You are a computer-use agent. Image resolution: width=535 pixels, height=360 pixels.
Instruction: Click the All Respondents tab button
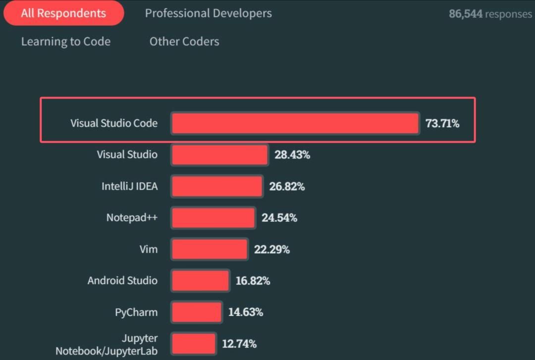(63, 13)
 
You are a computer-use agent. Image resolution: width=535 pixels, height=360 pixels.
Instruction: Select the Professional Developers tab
(208, 13)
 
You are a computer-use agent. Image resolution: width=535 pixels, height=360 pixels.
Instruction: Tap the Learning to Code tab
(65, 42)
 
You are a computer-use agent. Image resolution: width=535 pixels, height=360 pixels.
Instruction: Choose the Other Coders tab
(184, 42)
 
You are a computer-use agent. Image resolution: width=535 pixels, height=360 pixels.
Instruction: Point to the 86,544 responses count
(490, 14)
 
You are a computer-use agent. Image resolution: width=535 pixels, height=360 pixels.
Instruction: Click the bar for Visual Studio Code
(295, 123)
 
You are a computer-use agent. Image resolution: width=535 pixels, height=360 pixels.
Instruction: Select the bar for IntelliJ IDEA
(217, 186)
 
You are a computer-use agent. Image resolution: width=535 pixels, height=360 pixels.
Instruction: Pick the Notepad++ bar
(214, 217)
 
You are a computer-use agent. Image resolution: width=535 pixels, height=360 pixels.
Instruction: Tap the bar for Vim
(210, 249)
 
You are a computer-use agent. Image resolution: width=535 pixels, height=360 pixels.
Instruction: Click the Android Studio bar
(201, 281)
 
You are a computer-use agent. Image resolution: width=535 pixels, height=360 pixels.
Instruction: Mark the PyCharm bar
(197, 312)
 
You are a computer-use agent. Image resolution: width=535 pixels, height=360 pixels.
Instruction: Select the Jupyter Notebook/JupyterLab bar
(194, 343)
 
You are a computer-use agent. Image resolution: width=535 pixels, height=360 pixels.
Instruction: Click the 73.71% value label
(442, 123)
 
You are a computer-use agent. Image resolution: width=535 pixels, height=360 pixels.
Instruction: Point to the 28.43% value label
(292, 154)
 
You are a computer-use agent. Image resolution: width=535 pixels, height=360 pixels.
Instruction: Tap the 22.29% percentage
(272, 249)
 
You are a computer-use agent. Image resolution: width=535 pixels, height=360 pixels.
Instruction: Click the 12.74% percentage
(239, 343)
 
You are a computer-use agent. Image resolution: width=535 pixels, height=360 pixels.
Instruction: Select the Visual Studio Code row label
(114, 123)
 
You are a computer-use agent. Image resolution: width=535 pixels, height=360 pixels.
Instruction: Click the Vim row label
(149, 249)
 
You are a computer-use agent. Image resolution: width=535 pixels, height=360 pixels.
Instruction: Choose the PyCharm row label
(136, 312)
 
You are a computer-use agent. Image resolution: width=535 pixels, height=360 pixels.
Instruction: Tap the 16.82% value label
(253, 281)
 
